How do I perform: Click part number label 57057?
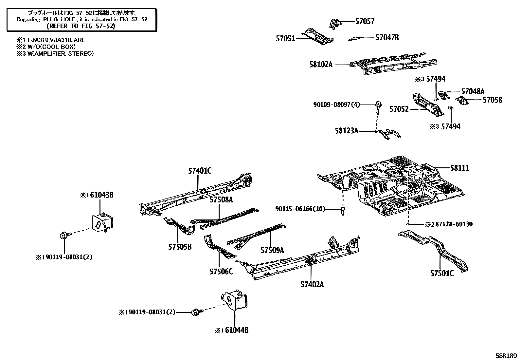365,21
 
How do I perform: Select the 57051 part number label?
285,39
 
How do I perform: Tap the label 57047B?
387,38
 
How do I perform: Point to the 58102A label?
321,65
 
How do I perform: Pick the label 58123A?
346,131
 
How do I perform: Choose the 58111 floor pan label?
459,168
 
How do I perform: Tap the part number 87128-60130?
453,224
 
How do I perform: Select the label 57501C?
442,273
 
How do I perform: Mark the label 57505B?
180,247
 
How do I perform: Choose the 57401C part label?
200,171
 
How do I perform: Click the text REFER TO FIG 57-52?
81,26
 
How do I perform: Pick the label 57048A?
473,91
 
